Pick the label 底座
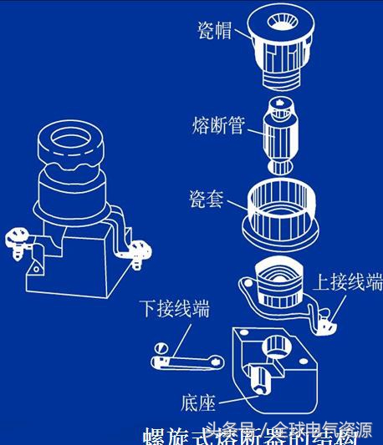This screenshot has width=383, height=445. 198,403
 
